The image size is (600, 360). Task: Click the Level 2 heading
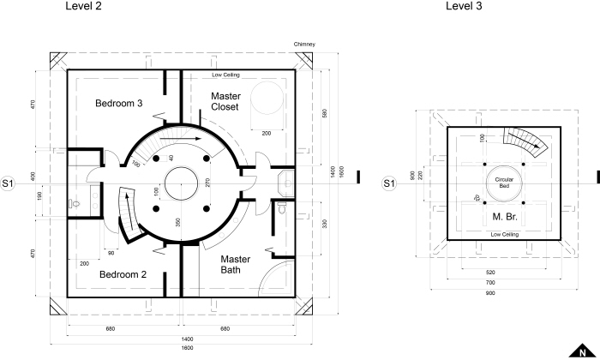pos(83,6)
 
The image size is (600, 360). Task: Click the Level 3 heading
pos(464,6)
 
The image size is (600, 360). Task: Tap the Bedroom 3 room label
pos(118,104)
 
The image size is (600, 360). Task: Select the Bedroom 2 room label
pos(123,274)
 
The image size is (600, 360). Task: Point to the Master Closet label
pos(225,101)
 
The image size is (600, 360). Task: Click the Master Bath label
pos(236,264)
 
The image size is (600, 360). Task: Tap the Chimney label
pos(304,44)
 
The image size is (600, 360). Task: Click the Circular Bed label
pos(504,183)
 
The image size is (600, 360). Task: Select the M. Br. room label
pos(505,217)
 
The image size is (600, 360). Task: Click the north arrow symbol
pos(582,351)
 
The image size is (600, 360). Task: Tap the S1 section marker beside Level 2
pos(7,183)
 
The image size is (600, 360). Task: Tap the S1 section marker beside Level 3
pos(389,183)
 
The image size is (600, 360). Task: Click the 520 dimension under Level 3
pos(490,273)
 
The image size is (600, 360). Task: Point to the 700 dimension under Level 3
pos(490,283)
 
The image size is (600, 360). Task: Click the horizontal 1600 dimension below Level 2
pos(187,348)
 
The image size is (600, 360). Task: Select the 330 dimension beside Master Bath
pos(325,224)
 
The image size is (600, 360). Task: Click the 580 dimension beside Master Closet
pos(325,113)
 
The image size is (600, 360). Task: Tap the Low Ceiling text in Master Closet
pos(225,75)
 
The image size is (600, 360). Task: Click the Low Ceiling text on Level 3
pos(505,234)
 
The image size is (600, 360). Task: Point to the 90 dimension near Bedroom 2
pos(111,253)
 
